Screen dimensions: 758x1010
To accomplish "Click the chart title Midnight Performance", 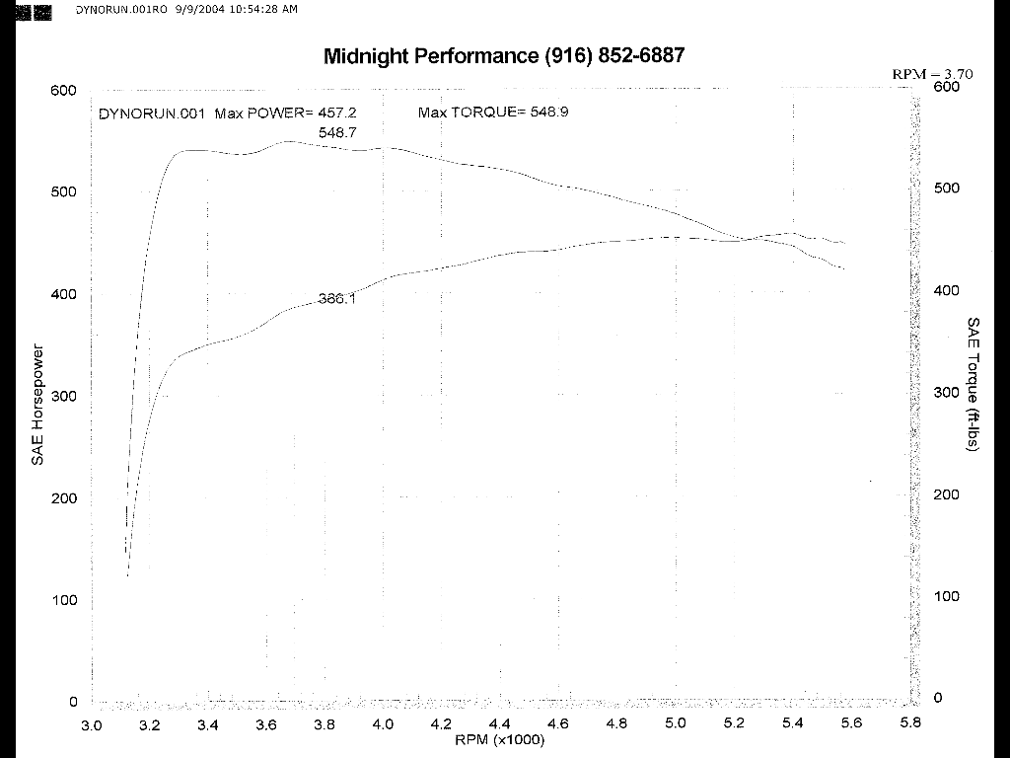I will click(431, 56).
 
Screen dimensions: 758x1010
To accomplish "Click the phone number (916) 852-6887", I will click(614, 56).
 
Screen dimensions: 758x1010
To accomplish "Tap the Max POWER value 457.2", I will click(336, 113).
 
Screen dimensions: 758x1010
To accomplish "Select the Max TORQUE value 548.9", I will click(549, 113).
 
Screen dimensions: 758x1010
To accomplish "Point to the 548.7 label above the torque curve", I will click(337, 132).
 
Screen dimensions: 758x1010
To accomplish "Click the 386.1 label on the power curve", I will click(337, 299).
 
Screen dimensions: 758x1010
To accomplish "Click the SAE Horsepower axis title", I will click(38, 405).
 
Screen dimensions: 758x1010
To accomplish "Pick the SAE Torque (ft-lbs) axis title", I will click(973, 385).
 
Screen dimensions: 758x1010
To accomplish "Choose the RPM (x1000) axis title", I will click(499, 740).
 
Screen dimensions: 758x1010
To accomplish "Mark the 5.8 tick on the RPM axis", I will click(909, 723).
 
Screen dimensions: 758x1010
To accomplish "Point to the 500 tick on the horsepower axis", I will click(64, 192).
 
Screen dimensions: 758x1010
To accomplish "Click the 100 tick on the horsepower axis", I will click(64, 600).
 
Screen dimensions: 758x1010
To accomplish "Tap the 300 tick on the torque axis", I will click(946, 392).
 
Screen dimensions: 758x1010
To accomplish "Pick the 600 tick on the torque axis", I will click(946, 87).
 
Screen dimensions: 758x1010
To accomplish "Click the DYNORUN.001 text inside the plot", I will click(152, 113).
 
